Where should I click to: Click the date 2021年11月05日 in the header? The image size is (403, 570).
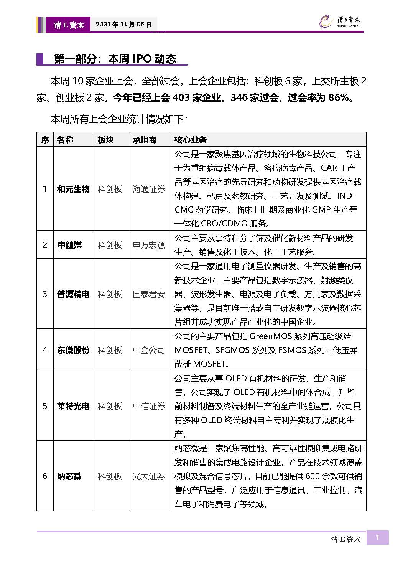point(123,25)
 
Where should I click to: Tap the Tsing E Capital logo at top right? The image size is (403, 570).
point(340,22)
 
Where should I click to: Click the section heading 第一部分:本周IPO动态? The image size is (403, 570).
point(115,59)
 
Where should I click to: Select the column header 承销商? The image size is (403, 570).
point(145,140)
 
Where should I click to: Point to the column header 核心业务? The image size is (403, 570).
point(191,140)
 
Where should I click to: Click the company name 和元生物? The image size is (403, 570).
point(73,189)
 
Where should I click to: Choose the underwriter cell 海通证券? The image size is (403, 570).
point(149,189)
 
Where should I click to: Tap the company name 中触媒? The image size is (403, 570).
point(69,245)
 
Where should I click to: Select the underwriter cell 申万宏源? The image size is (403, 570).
point(149,245)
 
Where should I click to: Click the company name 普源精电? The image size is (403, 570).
point(73,294)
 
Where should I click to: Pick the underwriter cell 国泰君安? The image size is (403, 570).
point(149,294)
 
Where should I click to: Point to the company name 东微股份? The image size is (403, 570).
point(73,350)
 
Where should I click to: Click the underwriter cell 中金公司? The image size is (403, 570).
point(149,350)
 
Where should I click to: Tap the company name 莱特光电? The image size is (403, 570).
point(73,406)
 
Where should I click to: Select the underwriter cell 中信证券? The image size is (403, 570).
point(149,406)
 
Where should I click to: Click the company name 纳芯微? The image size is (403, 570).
point(69,476)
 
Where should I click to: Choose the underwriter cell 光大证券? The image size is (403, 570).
point(149,476)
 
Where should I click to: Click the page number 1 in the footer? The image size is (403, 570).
point(377,538)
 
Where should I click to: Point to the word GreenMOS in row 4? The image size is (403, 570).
point(271,336)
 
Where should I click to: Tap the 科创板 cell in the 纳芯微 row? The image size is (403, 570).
point(110,476)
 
